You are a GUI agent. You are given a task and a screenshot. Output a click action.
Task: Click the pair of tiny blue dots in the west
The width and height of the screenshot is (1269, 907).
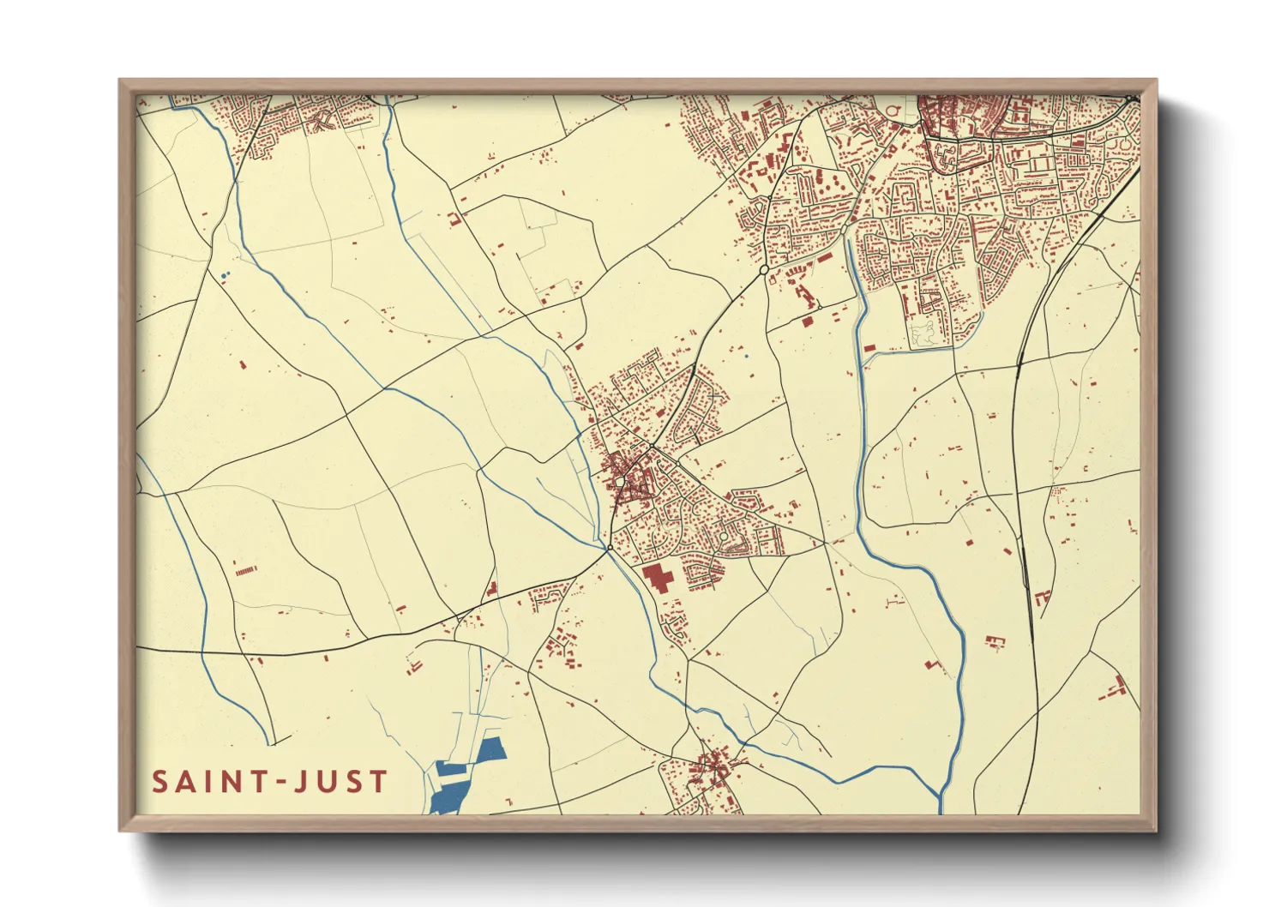pyautogui.click(x=225, y=274)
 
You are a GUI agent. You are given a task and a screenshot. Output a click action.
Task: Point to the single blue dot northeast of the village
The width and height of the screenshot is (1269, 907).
pyautogui.click(x=747, y=356)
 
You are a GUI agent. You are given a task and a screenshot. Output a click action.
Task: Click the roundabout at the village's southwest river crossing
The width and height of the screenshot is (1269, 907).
pyautogui.click(x=609, y=547)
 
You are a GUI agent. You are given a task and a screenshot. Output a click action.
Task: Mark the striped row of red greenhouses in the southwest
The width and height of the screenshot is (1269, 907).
pyautogui.click(x=245, y=569)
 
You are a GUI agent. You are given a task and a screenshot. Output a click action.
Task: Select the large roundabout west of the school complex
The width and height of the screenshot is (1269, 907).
pyautogui.click(x=763, y=269)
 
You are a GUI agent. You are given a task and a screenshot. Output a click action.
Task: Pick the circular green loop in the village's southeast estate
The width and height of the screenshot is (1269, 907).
pyautogui.click(x=724, y=537)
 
